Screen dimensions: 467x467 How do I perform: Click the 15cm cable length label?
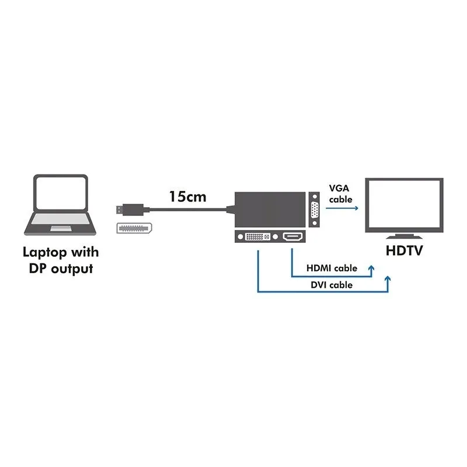(x=187, y=197)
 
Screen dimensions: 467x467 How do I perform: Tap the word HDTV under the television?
(x=405, y=252)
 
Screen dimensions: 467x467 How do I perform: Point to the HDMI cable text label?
(x=332, y=269)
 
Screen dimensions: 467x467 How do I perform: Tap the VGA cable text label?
(x=340, y=194)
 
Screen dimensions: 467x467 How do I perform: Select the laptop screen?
(x=60, y=194)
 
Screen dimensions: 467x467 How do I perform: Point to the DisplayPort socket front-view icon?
(x=132, y=229)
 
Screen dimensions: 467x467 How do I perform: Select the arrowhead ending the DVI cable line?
(x=388, y=280)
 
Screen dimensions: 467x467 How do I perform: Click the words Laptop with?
(x=61, y=253)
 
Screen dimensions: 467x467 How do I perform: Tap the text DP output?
(x=61, y=269)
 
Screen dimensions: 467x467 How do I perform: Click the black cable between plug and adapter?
(x=187, y=208)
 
